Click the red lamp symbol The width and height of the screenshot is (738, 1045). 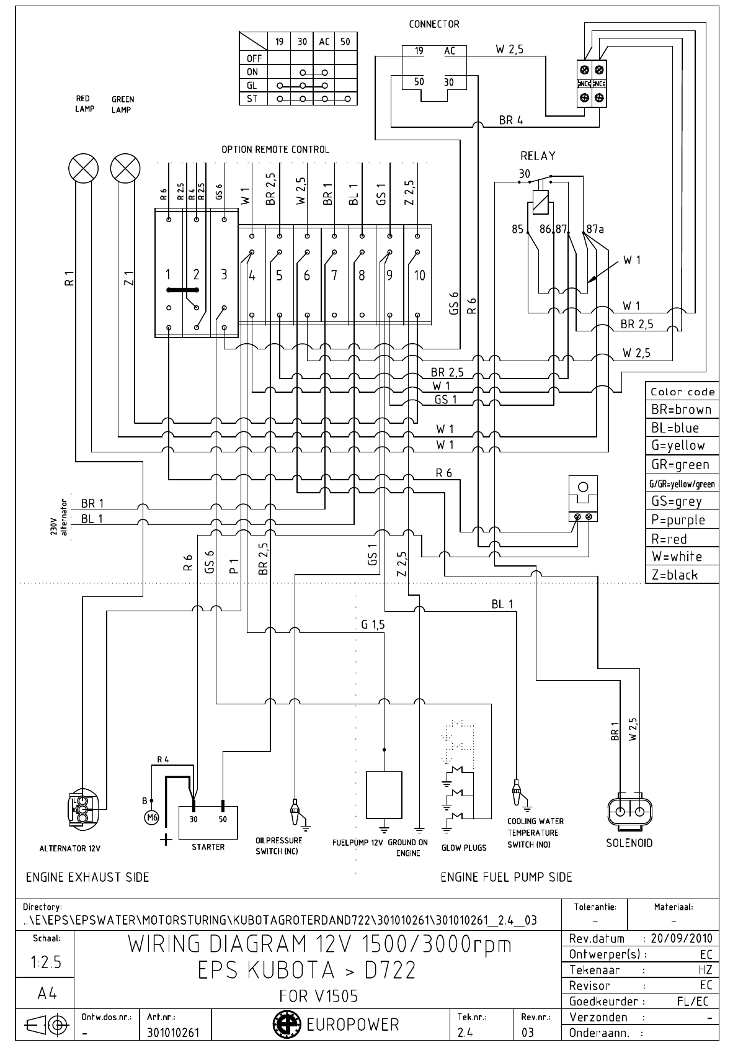click(83, 168)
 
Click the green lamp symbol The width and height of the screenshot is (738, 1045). click(125, 168)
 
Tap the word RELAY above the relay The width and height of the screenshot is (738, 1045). click(538, 156)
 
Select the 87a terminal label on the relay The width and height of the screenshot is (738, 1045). click(595, 229)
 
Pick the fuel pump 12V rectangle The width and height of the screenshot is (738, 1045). click(384, 795)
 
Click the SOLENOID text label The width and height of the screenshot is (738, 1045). click(629, 843)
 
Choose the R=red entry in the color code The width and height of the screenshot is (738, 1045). click(669, 539)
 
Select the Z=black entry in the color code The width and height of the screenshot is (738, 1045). click(675, 575)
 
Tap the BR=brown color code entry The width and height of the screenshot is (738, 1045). click(681, 410)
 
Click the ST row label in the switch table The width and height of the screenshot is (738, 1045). click(253, 99)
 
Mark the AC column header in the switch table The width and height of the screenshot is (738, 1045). click(324, 42)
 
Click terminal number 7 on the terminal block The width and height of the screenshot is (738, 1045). click(334, 275)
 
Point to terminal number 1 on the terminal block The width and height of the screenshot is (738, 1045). click(168, 274)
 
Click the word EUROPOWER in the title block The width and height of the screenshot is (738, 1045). click(353, 1024)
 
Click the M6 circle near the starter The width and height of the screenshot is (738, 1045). click(151, 817)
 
